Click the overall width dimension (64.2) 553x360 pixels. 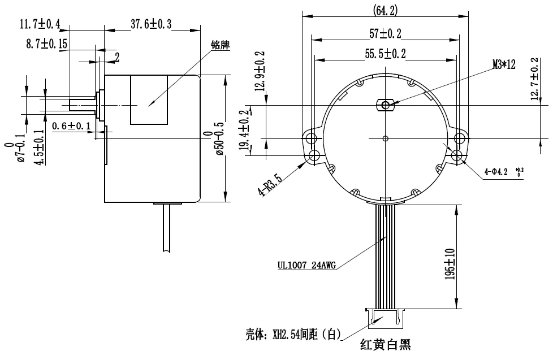(386, 10)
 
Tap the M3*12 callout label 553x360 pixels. (504, 65)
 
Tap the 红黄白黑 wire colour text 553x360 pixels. (384, 344)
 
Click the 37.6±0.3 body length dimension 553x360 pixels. (151, 24)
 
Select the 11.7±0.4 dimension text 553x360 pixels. (40, 24)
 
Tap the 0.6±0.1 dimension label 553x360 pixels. (72, 125)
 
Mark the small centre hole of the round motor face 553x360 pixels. (385, 138)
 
